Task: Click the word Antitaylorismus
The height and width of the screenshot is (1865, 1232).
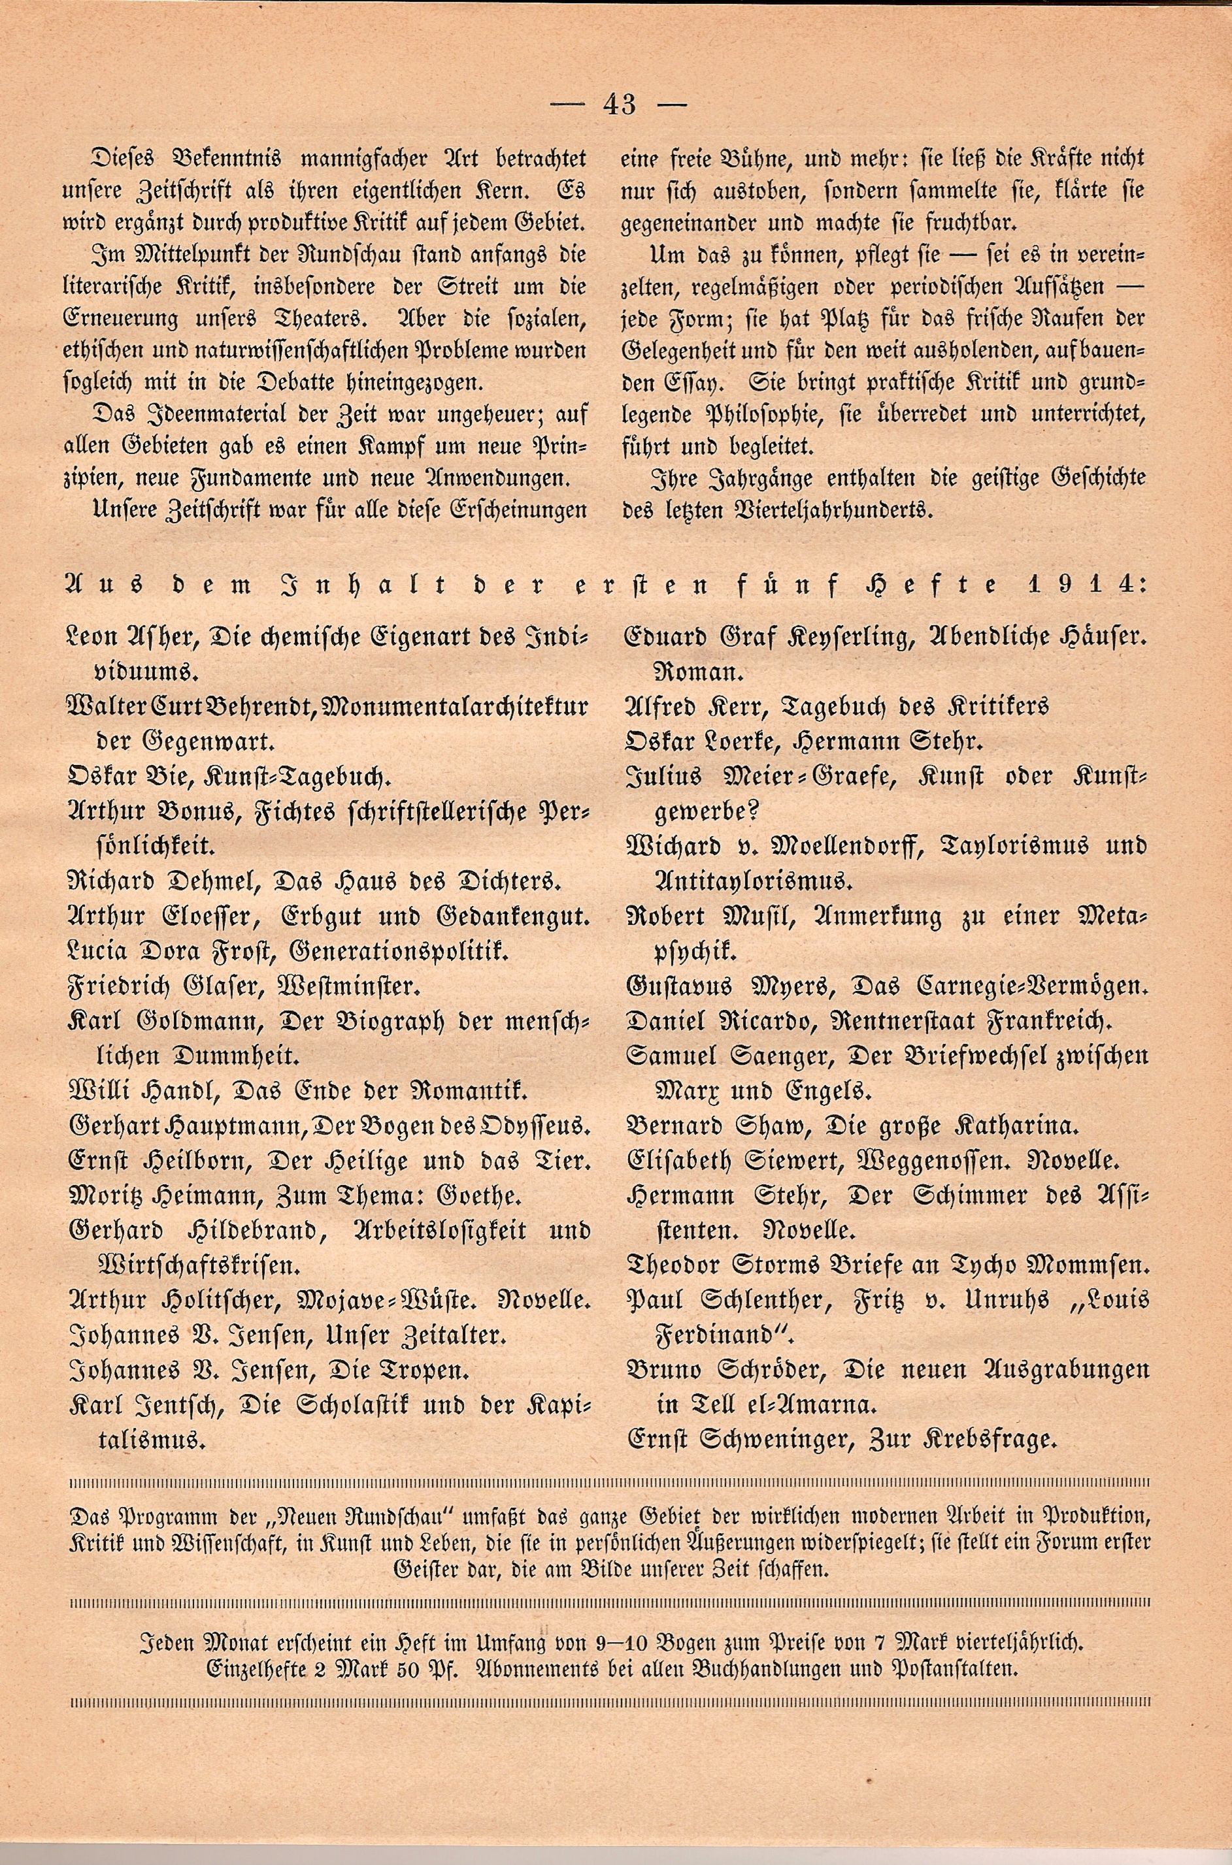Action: (753, 881)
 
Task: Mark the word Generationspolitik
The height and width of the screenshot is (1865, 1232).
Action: (401, 952)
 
